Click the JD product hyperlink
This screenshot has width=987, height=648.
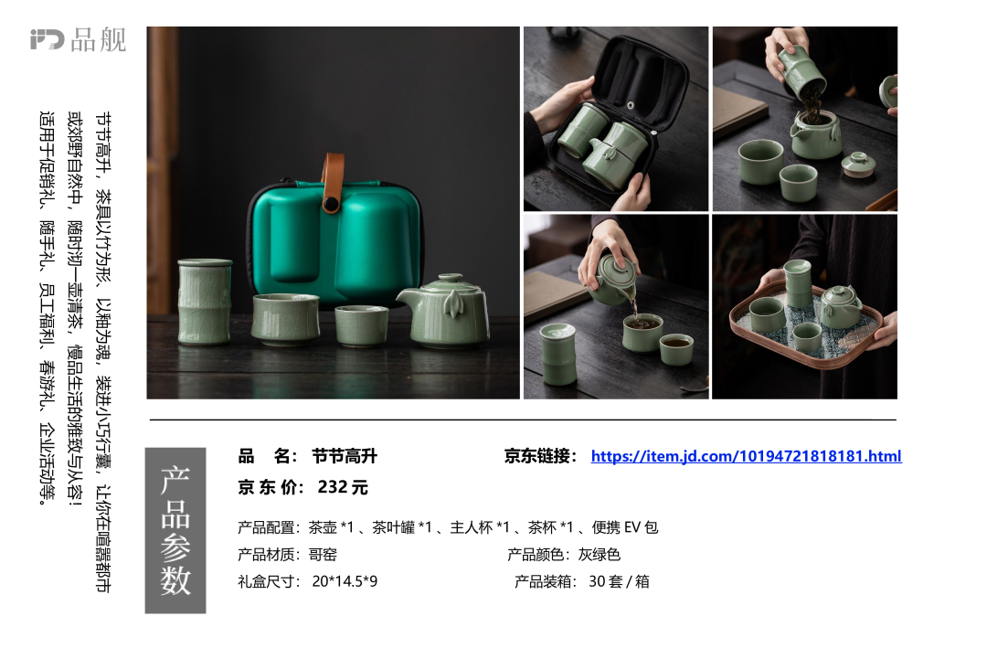[x=746, y=456]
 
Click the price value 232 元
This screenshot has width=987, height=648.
[x=343, y=487]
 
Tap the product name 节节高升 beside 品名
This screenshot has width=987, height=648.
[x=345, y=456]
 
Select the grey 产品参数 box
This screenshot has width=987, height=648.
[x=175, y=530]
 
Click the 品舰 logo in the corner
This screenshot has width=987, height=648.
[x=78, y=39]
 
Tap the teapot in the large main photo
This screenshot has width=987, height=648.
[x=444, y=312]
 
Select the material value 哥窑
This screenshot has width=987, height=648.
[x=323, y=554]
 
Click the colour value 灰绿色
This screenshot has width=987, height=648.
[x=600, y=554]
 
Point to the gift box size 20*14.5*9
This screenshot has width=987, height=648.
[x=345, y=581]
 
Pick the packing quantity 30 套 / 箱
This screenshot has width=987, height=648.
[x=619, y=581]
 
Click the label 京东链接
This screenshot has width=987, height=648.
[x=540, y=456]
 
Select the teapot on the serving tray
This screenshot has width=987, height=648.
[x=841, y=306]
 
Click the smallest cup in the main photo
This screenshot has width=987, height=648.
[x=361, y=325]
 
